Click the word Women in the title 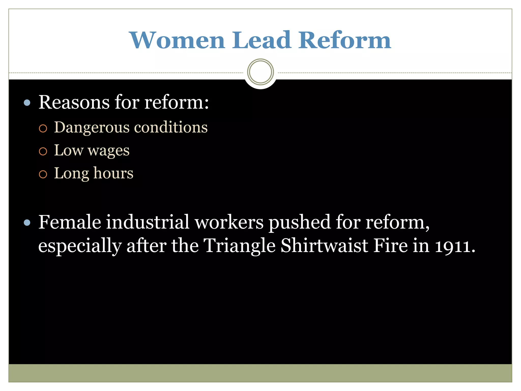pos(177,40)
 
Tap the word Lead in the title pos(262,40)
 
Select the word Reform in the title pos(345,40)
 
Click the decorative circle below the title pos(260,72)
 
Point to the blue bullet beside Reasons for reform pos(27,103)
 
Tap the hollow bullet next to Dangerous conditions pos(43,128)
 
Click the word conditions pos(171,127)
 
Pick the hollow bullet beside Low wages pos(43,151)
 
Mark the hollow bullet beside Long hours pos(43,174)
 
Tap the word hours pos(113,173)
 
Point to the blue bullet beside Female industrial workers pos(27,223)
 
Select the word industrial pos(148,222)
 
